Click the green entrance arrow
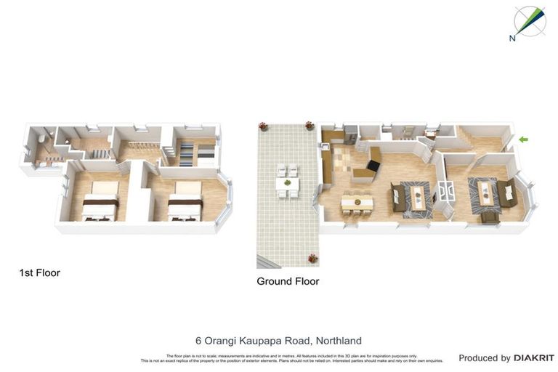pyautogui.click(x=523, y=139)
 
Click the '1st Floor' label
pyautogui.click(x=39, y=273)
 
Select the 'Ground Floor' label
pyautogui.click(x=288, y=281)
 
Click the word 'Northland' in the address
pyautogui.click(x=337, y=340)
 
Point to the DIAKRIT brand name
pyautogui.click(x=534, y=358)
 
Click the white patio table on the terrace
pyautogui.click(x=287, y=182)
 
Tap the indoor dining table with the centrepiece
pyautogui.click(x=356, y=200)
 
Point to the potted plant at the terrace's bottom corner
pyautogui.click(x=312, y=258)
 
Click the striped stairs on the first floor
pyautogui.click(x=187, y=154)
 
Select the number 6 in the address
pyautogui.click(x=198, y=340)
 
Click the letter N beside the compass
pyautogui.click(x=512, y=38)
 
